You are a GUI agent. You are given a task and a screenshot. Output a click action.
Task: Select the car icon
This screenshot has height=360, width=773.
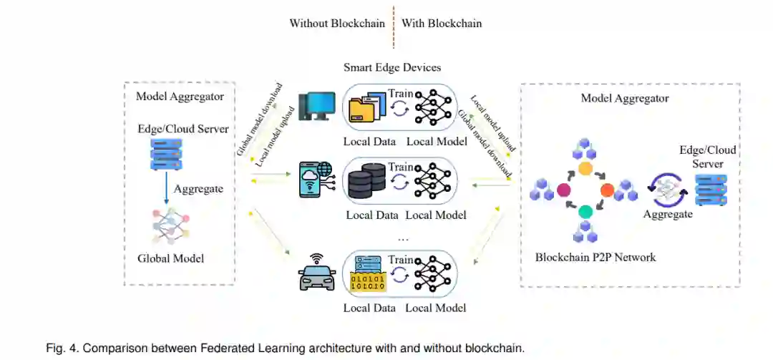click(317, 273)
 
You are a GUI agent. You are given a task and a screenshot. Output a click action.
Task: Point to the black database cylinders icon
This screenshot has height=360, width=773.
click(366, 182)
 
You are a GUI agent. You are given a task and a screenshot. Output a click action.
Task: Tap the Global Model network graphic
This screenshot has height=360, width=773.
click(171, 226)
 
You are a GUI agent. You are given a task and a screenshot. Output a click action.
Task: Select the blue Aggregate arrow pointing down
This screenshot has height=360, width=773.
click(166, 188)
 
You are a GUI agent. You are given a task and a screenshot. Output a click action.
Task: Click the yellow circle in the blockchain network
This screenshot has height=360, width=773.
click(585, 169)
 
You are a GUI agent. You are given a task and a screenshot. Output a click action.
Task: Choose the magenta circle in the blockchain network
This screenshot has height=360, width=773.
click(563, 190)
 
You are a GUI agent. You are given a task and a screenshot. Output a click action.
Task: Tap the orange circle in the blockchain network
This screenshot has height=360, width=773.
click(607, 190)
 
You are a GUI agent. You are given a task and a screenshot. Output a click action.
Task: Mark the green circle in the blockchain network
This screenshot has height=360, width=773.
click(585, 212)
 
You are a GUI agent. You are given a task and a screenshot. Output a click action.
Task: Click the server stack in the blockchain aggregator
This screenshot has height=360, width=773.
click(711, 189)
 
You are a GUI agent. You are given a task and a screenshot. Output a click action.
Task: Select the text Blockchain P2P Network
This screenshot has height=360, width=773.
click(595, 257)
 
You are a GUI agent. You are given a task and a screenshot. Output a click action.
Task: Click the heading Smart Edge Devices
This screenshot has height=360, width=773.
click(392, 67)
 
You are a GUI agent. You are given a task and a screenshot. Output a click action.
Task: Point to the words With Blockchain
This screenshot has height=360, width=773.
click(442, 23)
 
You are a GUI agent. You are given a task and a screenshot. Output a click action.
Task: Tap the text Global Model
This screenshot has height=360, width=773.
click(170, 258)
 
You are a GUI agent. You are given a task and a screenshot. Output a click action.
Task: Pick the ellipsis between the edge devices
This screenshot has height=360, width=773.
click(403, 239)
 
